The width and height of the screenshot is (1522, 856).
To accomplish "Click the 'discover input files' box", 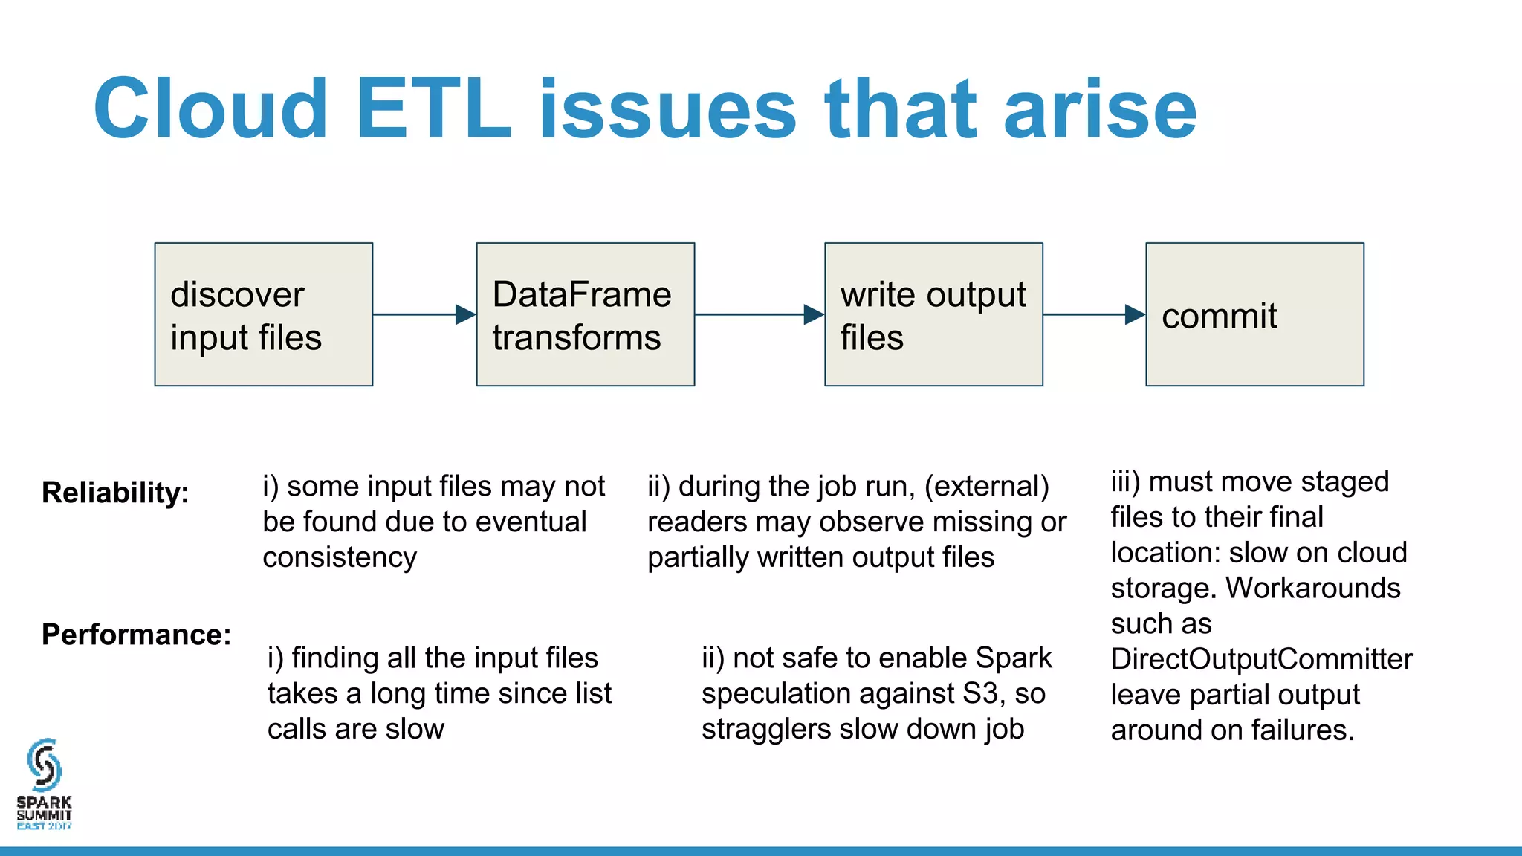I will [263, 314].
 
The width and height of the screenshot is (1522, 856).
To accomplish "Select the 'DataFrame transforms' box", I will [585, 314].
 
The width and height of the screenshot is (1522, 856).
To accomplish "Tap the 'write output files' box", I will [933, 314].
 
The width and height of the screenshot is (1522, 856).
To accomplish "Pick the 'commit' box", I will [1254, 314].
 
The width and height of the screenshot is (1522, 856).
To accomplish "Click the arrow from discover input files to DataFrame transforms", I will [424, 314].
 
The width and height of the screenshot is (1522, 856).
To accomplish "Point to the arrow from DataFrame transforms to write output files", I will [759, 314].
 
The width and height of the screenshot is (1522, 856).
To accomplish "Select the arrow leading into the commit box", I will [1093, 314].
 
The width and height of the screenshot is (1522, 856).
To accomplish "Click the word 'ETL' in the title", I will [433, 109].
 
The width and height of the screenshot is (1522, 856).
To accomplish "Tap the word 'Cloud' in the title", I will [210, 109].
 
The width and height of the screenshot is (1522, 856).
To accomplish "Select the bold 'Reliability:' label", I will [115, 493].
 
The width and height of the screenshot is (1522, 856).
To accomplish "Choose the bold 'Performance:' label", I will [136, 635].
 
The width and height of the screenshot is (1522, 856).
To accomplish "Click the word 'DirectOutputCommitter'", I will [1261, 659].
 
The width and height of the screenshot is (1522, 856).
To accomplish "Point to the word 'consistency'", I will [340, 557].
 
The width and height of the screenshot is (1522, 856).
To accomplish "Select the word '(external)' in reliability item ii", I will [986, 487].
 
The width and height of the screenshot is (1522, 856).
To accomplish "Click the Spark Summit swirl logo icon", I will [44, 765].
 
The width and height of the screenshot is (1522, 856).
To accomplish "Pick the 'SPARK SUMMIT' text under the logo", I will [44, 808].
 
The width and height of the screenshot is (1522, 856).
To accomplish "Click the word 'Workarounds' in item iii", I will [1312, 588].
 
